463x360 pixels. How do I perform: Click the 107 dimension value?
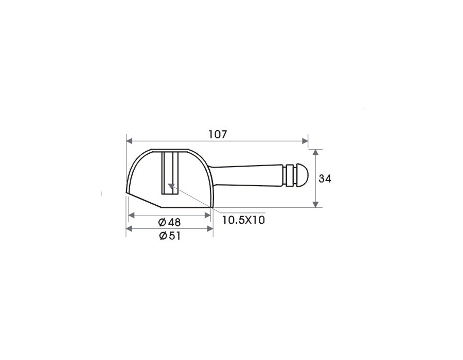(218, 135)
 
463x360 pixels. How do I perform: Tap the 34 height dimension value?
(325, 178)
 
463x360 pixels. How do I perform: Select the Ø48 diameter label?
(169, 222)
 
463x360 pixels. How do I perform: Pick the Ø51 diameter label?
(169, 236)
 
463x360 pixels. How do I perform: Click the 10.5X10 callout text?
(244, 220)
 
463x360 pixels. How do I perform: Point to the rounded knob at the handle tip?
(302, 175)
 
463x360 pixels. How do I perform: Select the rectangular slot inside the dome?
(170, 173)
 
